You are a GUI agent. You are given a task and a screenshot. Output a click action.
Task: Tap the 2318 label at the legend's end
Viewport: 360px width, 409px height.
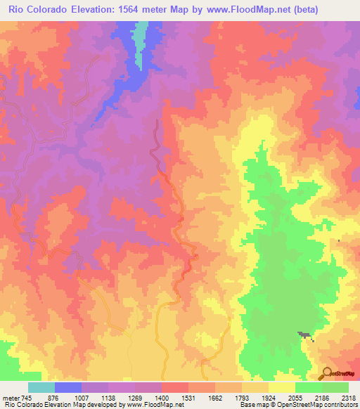(347, 398)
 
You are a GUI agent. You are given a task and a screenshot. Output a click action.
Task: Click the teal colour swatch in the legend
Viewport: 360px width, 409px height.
(41, 387)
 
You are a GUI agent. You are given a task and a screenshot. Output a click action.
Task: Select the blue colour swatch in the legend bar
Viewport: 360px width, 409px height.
(68, 387)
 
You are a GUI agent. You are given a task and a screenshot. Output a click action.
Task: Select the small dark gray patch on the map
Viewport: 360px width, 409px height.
(305, 335)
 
